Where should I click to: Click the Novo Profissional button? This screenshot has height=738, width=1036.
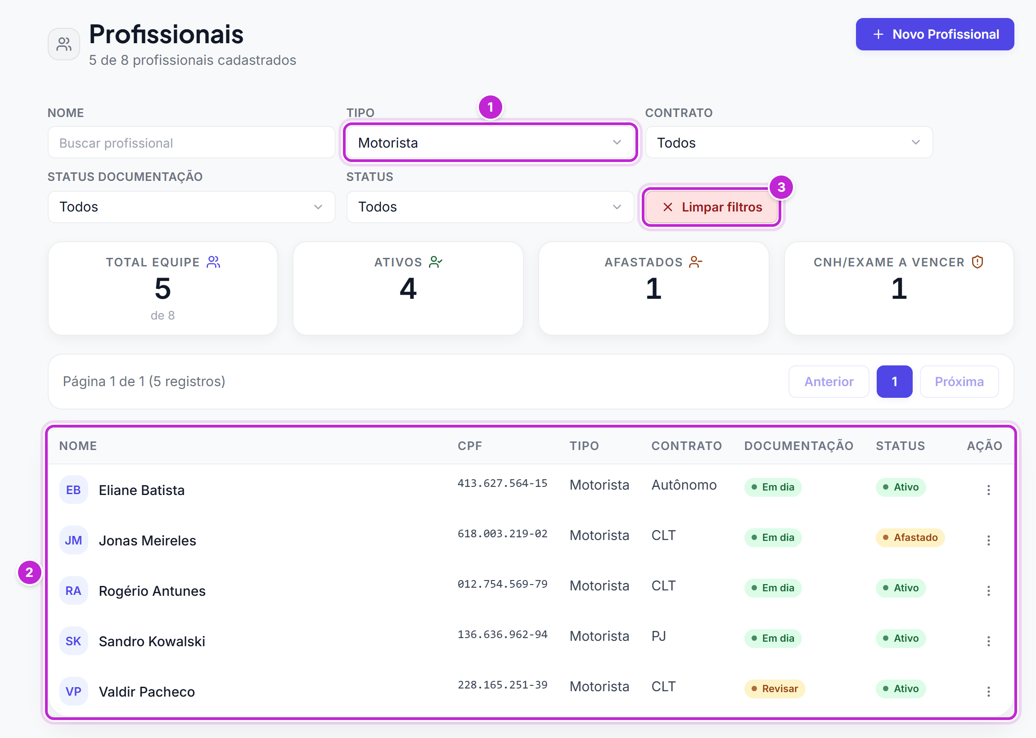935,34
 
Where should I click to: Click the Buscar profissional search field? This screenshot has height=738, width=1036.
191,143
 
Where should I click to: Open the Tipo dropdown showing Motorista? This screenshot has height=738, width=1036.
490,143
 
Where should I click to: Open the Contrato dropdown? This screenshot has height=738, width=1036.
789,143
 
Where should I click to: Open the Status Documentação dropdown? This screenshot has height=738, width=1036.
191,207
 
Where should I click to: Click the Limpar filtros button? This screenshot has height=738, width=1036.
712,207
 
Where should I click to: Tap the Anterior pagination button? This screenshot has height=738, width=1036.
829,382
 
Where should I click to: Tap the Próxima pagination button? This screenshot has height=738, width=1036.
959,382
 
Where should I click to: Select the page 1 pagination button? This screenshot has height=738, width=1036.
894,382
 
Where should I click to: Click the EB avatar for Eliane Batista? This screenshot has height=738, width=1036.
74,490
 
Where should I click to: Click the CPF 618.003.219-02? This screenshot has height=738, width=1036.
503,534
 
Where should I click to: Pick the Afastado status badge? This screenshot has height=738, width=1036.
910,538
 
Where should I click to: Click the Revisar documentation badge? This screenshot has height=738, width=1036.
775,689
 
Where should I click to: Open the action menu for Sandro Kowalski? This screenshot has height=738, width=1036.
988,641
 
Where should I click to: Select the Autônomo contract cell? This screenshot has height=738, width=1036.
684,485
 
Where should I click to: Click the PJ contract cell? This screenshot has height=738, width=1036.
659,636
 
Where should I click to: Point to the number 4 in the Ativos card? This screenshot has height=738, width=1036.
408,288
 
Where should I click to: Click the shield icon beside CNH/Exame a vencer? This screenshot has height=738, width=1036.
977,262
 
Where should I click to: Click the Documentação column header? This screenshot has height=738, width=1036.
799,446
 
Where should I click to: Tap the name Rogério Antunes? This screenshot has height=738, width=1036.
152,591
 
